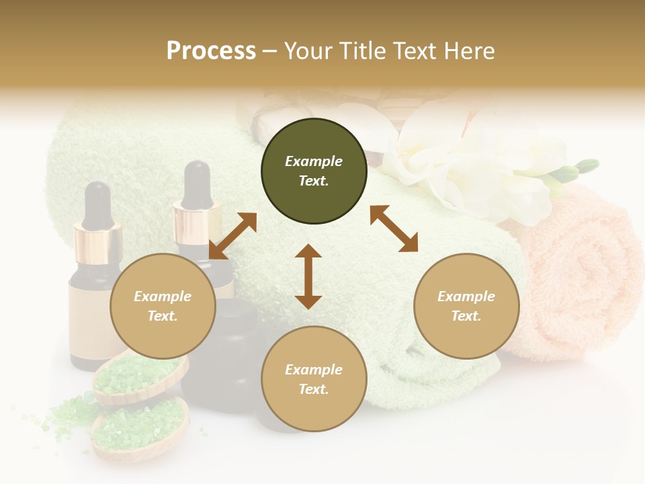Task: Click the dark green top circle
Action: (314, 171)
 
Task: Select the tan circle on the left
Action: (163, 306)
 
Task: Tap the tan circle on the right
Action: (466, 306)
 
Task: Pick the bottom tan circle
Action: (314, 379)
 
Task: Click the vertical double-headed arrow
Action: (308, 276)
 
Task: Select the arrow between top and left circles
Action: (232, 235)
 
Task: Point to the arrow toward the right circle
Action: (394, 229)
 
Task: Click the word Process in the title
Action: (211, 50)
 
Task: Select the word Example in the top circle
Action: (314, 161)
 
